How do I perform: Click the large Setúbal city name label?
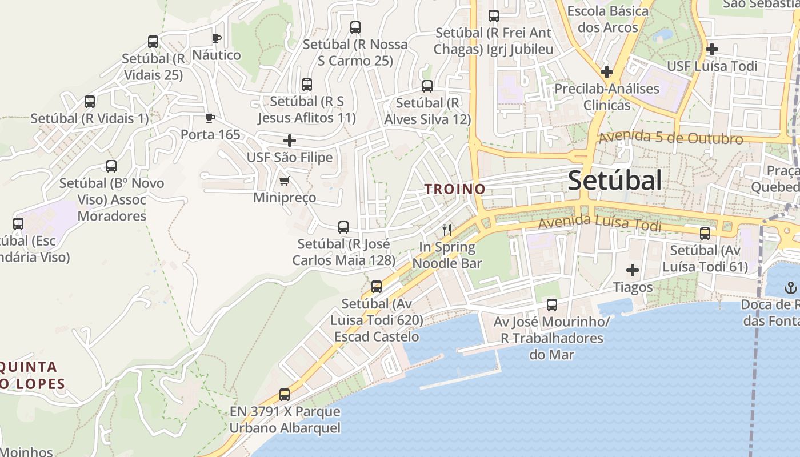[x=615, y=181]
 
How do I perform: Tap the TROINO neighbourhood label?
[x=455, y=189]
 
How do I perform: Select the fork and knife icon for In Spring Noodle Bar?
[x=447, y=230]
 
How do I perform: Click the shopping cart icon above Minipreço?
[x=284, y=181]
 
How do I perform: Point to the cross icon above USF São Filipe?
[x=290, y=140]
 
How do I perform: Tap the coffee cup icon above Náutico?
[x=216, y=38]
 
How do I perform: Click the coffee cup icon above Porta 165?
[x=210, y=118]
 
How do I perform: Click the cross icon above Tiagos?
[x=633, y=270]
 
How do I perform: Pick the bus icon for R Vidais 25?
[x=153, y=42]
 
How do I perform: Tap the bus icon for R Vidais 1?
[x=90, y=102]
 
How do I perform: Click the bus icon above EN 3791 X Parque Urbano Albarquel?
[x=285, y=394]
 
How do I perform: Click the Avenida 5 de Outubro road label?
[x=670, y=138]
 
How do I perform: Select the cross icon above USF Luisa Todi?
[x=711, y=49]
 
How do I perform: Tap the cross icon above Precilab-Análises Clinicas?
[x=607, y=72]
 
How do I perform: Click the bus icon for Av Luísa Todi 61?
[x=705, y=233]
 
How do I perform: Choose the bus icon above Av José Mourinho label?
[x=551, y=305]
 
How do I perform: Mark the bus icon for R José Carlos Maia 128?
[x=343, y=227]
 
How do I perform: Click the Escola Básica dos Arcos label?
[x=607, y=19]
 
